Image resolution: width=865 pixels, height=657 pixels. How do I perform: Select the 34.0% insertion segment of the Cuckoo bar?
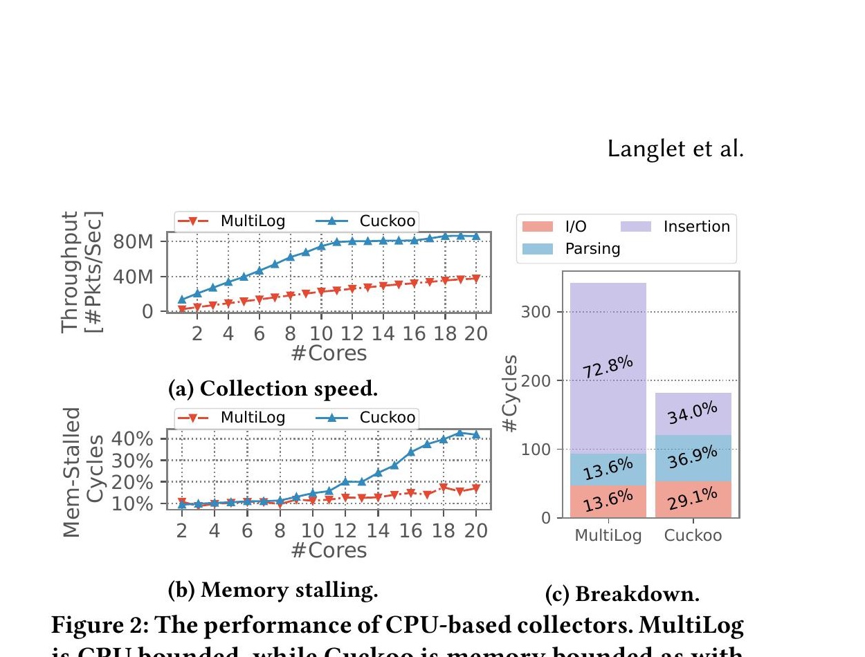tap(693, 414)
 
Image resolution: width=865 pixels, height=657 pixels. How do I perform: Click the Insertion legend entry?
tap(696, 226)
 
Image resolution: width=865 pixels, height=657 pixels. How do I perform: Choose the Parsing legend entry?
tap(592, 248)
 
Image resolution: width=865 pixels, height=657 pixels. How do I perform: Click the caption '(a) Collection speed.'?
tap(273, 389)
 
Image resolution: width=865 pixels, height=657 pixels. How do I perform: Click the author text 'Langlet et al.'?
tap(675, 149)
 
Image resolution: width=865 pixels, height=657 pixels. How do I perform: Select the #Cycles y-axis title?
tap(511, 394)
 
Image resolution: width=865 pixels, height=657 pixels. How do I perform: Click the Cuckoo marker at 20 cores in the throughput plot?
tap(476, 237)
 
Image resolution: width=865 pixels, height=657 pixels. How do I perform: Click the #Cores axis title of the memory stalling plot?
tap(328, 550)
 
